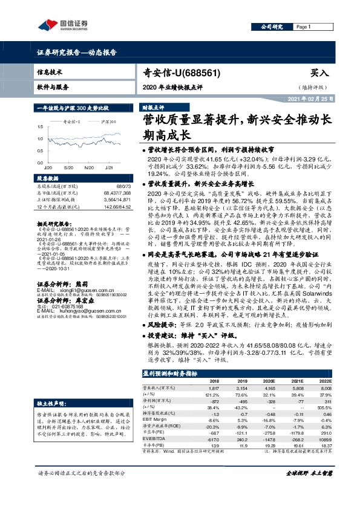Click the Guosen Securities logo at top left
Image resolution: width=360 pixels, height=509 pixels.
pos(63,25)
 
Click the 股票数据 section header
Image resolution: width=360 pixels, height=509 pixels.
pos(47,178)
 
